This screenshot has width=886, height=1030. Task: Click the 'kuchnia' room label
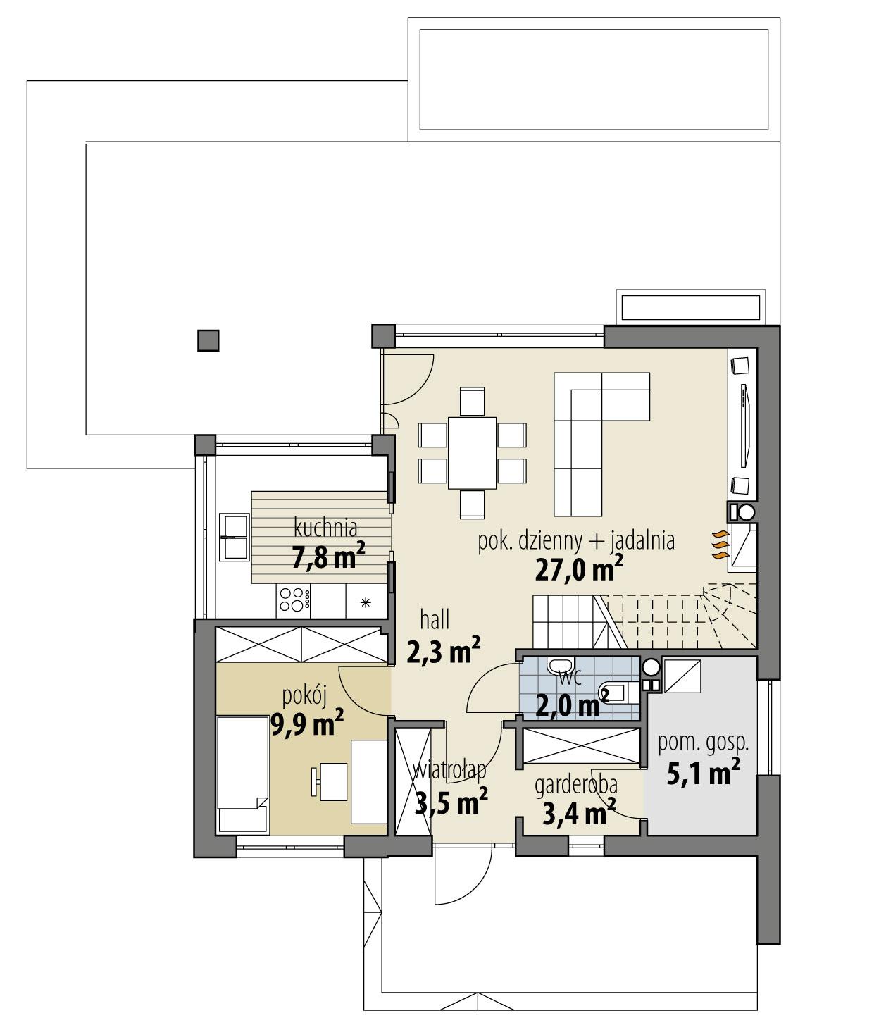325,526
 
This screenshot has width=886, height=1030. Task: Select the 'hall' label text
435,620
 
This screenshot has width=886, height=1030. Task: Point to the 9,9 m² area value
307,722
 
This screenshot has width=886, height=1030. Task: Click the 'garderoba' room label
576,785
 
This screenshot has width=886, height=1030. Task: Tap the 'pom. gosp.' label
702,742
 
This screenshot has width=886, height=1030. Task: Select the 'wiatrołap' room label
451,769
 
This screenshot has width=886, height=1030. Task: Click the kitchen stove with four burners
295,599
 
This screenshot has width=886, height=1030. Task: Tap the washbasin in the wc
561,665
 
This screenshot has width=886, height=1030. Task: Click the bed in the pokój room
242,774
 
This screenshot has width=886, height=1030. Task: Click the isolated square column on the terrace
208,341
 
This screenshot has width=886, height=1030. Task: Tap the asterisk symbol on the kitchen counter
365,602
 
